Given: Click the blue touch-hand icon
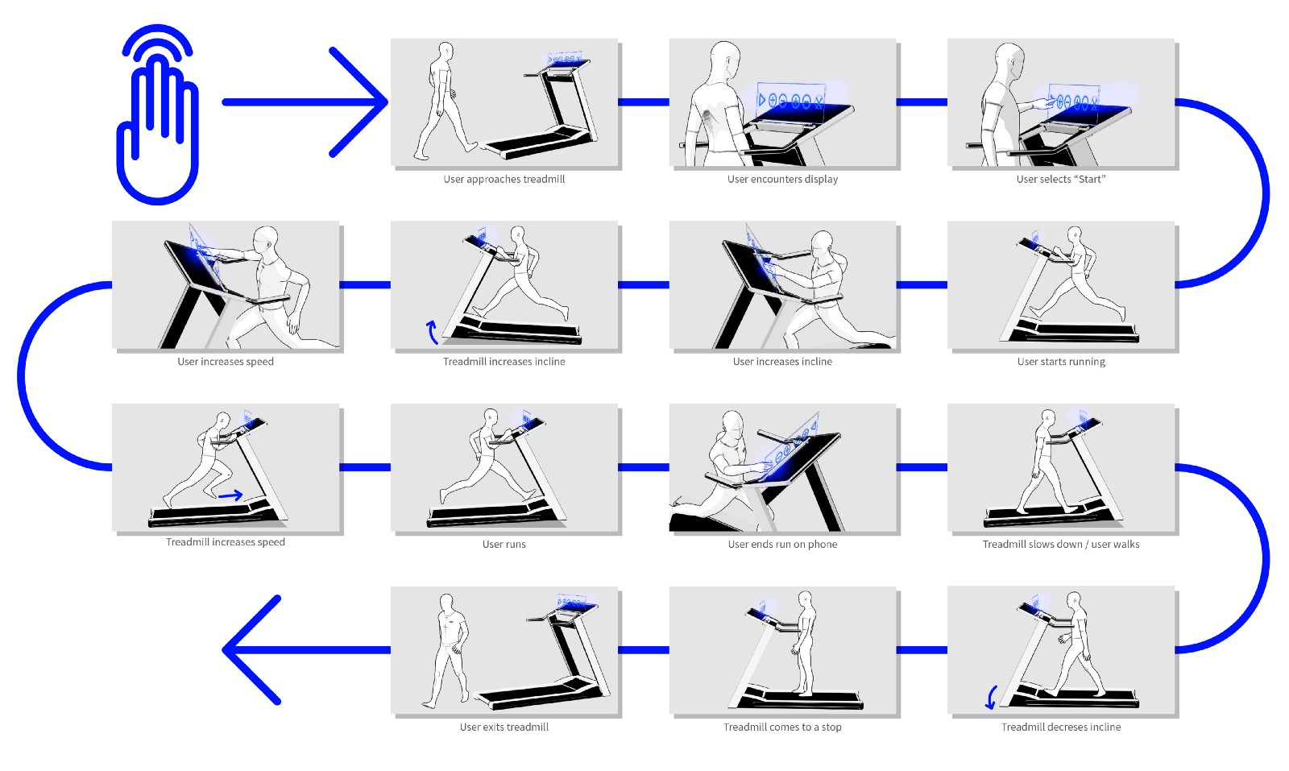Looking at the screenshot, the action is tap(158, 115).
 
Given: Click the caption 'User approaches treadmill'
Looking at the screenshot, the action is tap(504, 179).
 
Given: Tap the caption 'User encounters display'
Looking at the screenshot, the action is tap(782, 179).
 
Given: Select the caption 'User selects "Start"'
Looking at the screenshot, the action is tap(1060, 179).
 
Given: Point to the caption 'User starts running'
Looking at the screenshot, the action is tap(1061, 362).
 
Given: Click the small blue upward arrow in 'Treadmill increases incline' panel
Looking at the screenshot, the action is tap(432, 332).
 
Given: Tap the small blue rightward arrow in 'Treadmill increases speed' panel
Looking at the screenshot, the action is tap(230, 495).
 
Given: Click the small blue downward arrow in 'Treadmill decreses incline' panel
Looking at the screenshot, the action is tap(991, 697).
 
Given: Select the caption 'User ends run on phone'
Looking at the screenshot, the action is tap(782, 545).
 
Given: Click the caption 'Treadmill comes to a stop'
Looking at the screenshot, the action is tap(782, 727).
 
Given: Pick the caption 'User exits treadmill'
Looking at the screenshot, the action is tap(504, 727).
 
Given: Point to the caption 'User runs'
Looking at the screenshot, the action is tap(504, 545).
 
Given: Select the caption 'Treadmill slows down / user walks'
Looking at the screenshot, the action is tap(1060, 545).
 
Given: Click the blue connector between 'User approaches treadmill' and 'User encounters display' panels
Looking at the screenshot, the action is tap(644, 102).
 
